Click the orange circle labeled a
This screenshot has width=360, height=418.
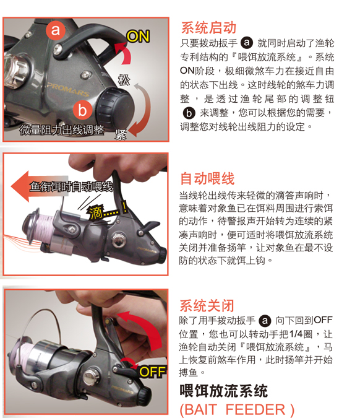pyautogui.click(x=56, y=30)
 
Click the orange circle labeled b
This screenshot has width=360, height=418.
pyautogui.click(x=82, y=110)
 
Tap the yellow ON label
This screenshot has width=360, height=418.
pyautogui.click(x=138, y=37)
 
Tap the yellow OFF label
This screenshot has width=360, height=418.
pyautogui.click(x=153, y=372)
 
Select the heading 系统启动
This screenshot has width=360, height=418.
pyautogui.click(x=208, y=28)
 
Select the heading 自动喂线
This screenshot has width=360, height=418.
pyautogui.click(x=207, y=178)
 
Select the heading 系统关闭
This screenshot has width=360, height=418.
pyautogui.click(x=207, y=305)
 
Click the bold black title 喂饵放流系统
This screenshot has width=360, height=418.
pyautogui.click(x=223, y=391)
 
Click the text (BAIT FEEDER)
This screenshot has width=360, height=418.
pyautogui.click(x=237, y=409)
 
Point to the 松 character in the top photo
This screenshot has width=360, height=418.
pyautogui.click(x=124, y=80)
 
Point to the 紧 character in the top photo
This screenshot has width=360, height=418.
pyautogui.click(x=121, y=135)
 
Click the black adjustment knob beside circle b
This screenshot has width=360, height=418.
pyautogui.click(x=114, y=107)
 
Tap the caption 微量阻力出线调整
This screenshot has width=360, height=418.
pyautogui.click(x=62, y=130)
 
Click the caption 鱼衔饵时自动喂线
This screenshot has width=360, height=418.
pyautogui.click(x=71, y=186)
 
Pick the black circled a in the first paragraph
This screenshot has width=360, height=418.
pyautogui.click(x=247, y=43)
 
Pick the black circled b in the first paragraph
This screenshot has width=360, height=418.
pyautogui.click(x=189, y=113)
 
